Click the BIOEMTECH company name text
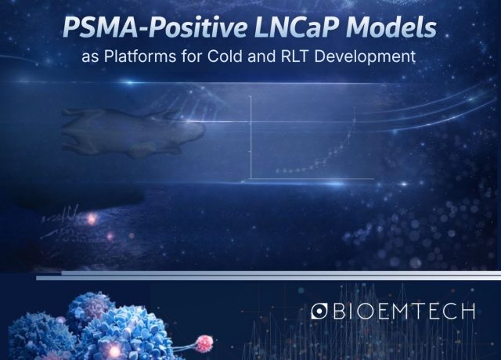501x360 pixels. (x=404, y=312)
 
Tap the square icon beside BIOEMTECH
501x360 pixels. (x=319, y=312)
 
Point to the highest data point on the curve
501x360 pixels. (x=355, y=120)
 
